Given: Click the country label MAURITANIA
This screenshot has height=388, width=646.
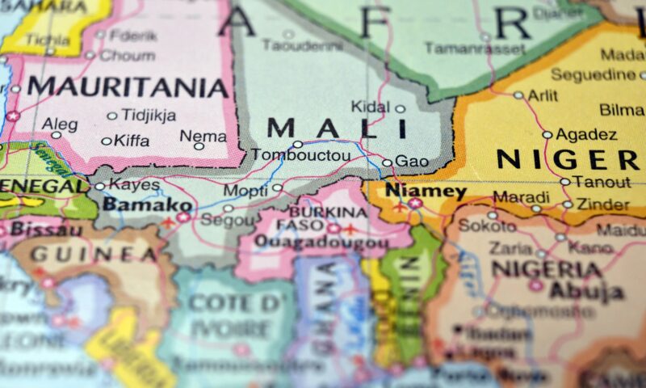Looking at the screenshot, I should click(128, 86).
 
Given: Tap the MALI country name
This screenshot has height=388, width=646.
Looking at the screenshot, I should click(337, 128).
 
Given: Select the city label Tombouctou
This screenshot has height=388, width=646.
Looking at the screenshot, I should click(301, 155).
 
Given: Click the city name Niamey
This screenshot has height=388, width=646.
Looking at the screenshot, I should click(426, 192).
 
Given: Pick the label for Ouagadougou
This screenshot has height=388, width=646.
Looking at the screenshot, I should click(321, 242).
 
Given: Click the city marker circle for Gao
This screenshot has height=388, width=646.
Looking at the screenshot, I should click(387, 162).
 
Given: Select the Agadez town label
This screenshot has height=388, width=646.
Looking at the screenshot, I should click(587, 134).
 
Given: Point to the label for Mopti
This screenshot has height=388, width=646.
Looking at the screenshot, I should click(245, 190).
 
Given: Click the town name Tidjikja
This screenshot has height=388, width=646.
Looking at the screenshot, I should click(149, 116).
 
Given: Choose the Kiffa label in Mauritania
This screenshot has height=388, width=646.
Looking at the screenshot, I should click(132, 141).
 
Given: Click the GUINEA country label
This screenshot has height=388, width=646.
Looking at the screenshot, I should click(94, 254).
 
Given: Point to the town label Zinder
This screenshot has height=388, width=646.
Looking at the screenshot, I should click(602, 205).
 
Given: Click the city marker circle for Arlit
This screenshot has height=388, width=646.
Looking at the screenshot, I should click(518, 95).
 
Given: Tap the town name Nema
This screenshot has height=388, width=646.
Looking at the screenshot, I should click(203, 136).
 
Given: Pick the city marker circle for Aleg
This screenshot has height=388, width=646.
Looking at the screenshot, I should click(56, 135).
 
